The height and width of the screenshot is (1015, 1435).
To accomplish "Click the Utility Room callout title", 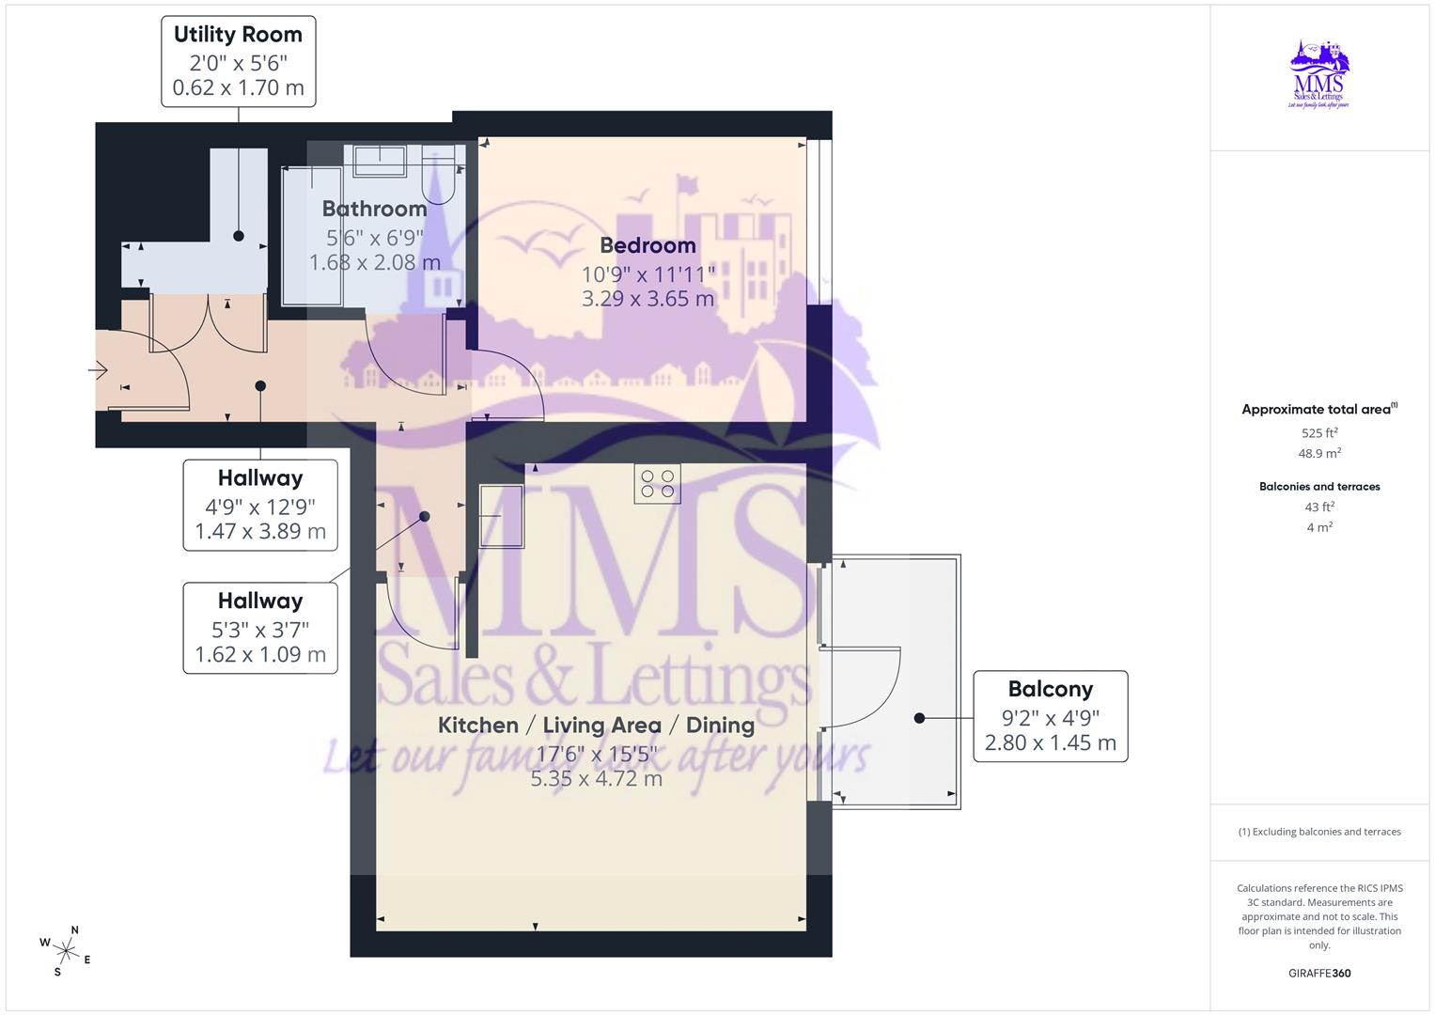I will click(238, 35).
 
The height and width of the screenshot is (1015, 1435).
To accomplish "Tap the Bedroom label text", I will click(647, 245).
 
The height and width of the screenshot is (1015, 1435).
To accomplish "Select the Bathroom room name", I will click(374, 209).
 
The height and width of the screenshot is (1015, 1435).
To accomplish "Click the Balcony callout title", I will click(1050, 689).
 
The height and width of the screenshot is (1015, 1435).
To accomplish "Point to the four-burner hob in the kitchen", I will click(657, 484).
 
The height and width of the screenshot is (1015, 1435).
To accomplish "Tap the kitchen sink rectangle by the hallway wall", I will click(502, 515).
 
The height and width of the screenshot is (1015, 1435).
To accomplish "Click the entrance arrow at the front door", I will click(99, 369).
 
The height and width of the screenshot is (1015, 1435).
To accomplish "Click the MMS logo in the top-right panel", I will click(1318, 74).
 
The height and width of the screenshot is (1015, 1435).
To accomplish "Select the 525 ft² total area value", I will click(1319, 433).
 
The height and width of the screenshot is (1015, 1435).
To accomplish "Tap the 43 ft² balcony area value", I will click(1319, 507).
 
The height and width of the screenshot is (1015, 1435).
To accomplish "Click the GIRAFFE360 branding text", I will click(1319, 974).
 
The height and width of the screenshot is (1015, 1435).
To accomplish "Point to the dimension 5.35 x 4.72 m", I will click(596, 779).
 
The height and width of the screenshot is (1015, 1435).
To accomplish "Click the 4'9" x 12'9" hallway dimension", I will click(260, 507).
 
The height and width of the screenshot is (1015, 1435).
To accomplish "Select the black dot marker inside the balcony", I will click(919, 718).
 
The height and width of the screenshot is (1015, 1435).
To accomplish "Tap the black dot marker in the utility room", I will click(239, 236).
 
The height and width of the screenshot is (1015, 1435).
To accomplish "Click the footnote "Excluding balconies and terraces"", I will click(1319, 832).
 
